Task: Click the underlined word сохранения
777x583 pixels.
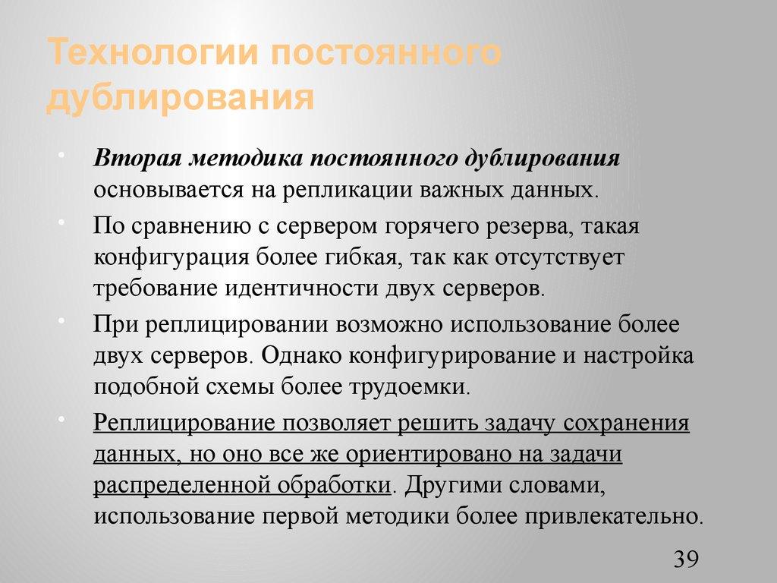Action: (x=624, y=423)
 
